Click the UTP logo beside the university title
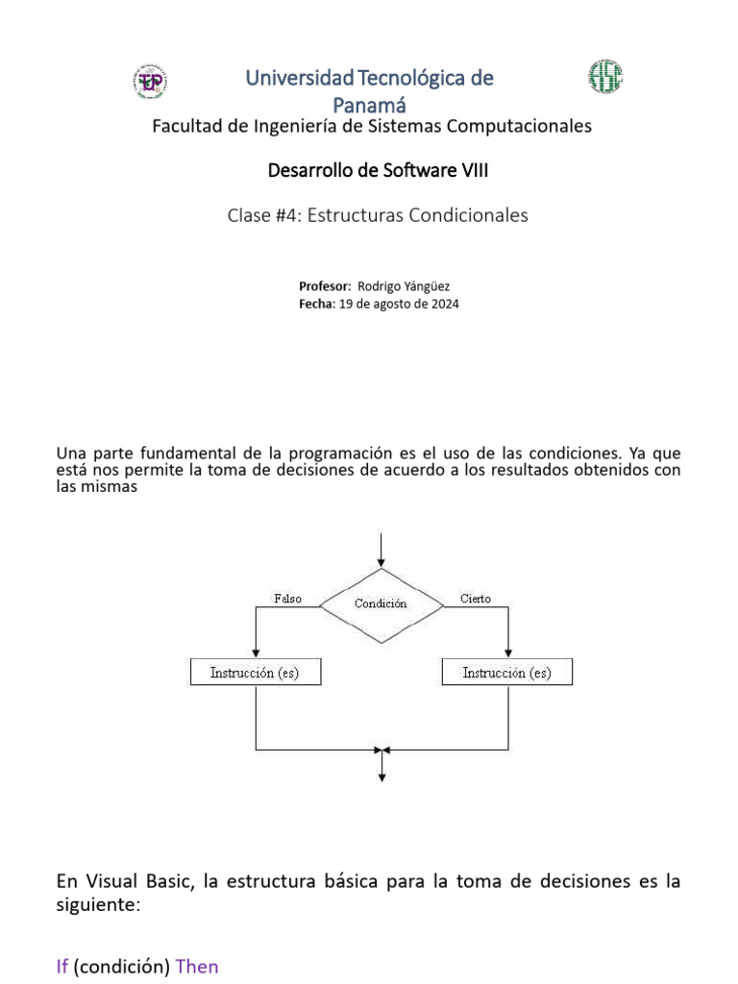149,81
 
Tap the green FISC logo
605,77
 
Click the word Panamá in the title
370,103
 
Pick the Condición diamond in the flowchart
381,603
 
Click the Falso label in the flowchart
287,599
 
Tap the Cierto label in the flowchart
475,599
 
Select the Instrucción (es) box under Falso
256,673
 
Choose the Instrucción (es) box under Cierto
507,673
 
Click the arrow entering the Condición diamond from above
382,553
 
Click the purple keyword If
62,966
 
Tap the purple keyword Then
198,966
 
